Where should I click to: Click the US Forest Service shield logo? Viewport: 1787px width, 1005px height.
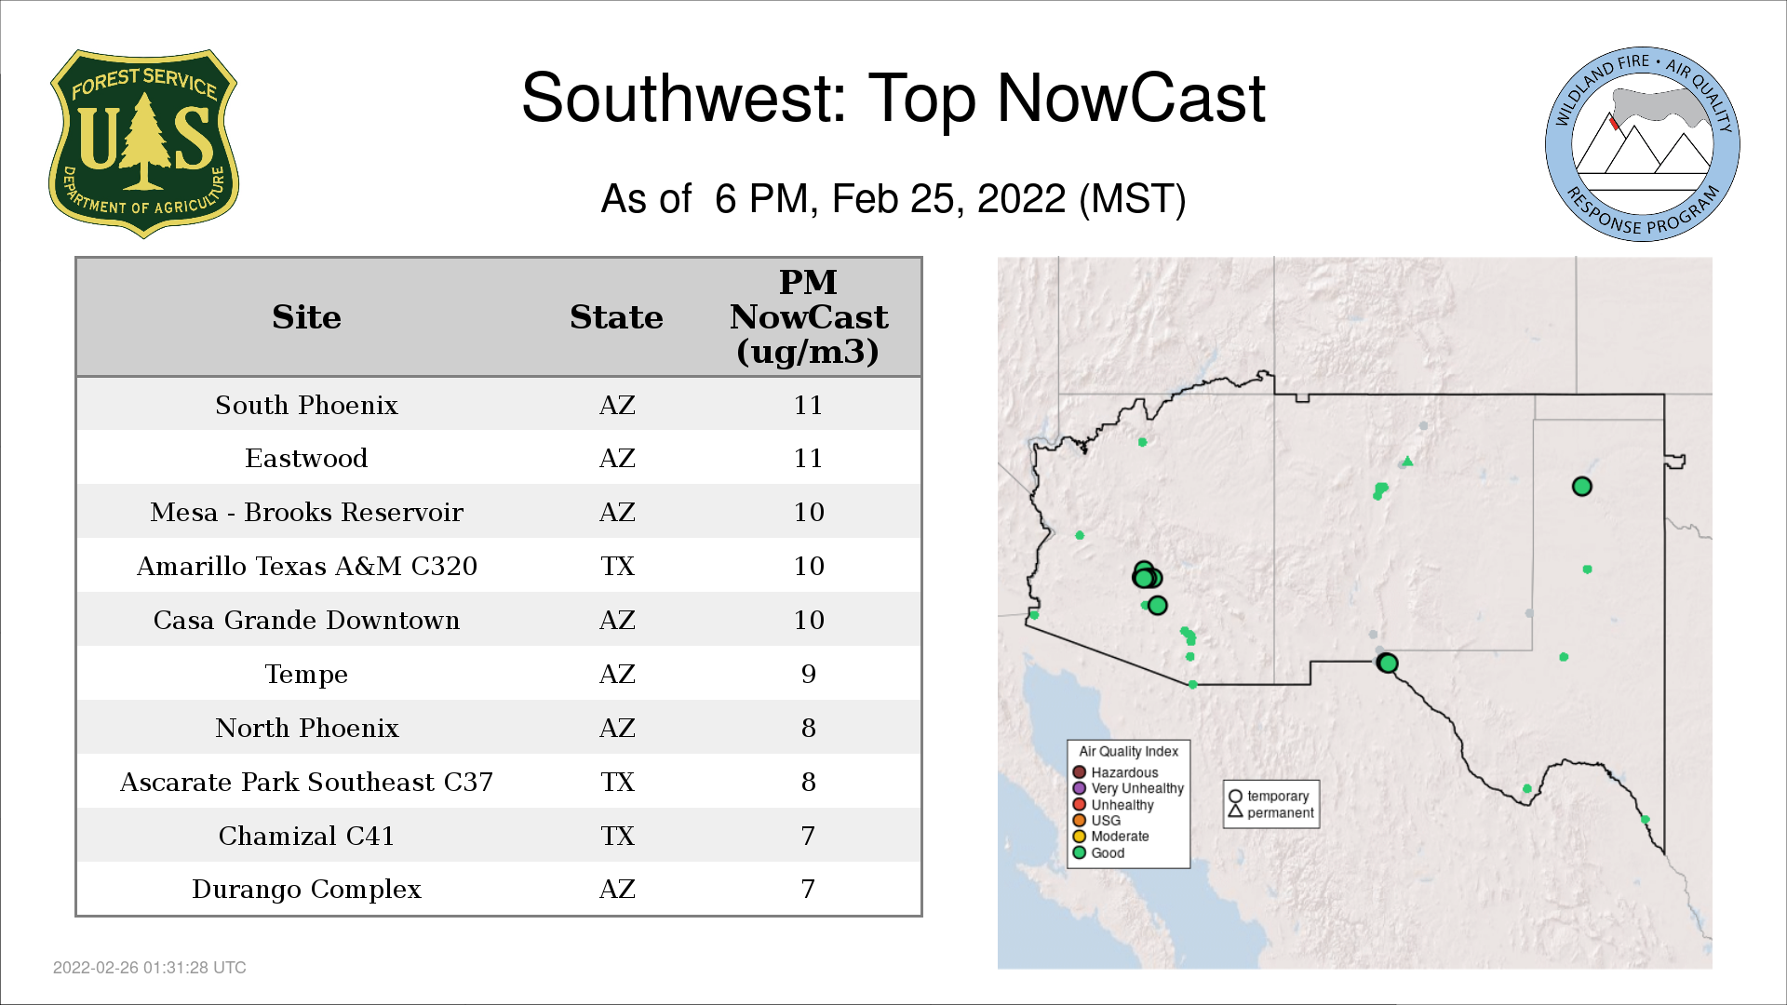point(143,143)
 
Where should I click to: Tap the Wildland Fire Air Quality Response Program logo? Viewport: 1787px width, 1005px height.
point(1643,144)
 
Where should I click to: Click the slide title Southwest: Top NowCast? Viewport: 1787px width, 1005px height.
point(893,98)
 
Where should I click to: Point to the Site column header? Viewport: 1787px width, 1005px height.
point(306,317)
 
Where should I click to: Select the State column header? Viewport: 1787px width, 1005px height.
point(616,317)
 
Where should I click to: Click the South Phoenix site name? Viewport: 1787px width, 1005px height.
point(306,405)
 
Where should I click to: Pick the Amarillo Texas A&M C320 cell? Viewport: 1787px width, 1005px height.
point(306,566)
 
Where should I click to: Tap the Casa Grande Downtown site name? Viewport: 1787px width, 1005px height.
point(306,620)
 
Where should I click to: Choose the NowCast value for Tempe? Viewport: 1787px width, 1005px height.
point(808,674)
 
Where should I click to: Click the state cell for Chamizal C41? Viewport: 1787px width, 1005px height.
point(617,836)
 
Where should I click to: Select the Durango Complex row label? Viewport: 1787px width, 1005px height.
point(306,890)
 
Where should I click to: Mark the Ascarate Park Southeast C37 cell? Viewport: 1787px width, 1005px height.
point(306,782)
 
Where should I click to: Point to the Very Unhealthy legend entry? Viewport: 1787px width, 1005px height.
point(1128,788)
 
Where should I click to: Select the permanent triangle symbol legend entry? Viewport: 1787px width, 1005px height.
point(1270,812)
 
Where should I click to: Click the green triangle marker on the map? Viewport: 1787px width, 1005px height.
point(1408,461)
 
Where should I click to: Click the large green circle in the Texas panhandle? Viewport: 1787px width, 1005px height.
point(1582,486)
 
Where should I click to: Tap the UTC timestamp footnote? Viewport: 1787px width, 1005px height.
point(150,968)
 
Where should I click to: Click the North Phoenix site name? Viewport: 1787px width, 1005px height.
point(306,728)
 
